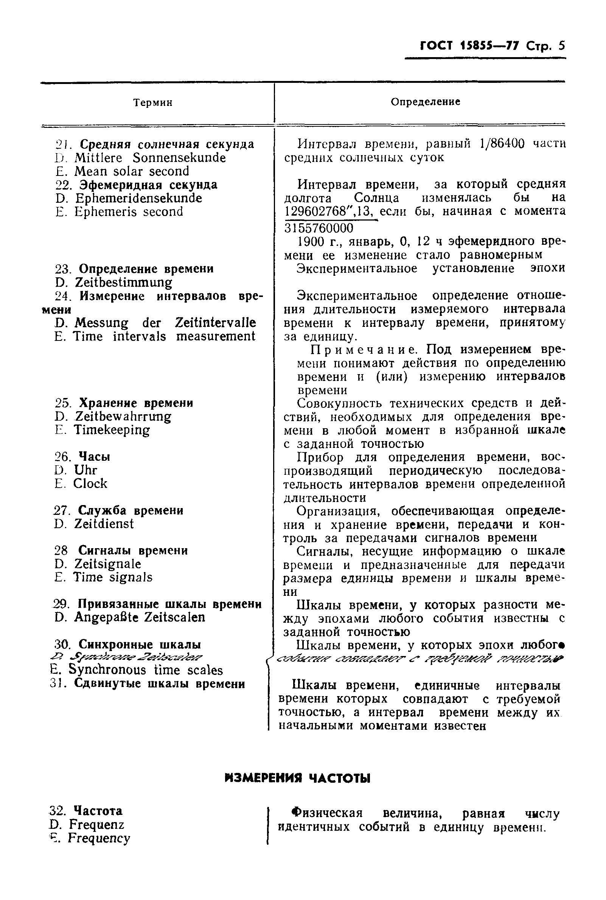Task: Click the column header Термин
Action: pos(153,103)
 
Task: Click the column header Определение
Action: pos(425,102)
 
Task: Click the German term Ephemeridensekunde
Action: pos(138,198)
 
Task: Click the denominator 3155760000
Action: pos(319,228)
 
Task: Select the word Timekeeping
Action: pos(112,430)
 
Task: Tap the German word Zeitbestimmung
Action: pos(123,283)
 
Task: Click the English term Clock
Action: pos(90,483)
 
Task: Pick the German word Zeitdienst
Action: pos(104,524)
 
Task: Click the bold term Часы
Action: pos(94,457)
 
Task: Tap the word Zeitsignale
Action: pos(107,564)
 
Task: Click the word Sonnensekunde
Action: pos(179,158)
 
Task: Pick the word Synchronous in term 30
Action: pos(107,670)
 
